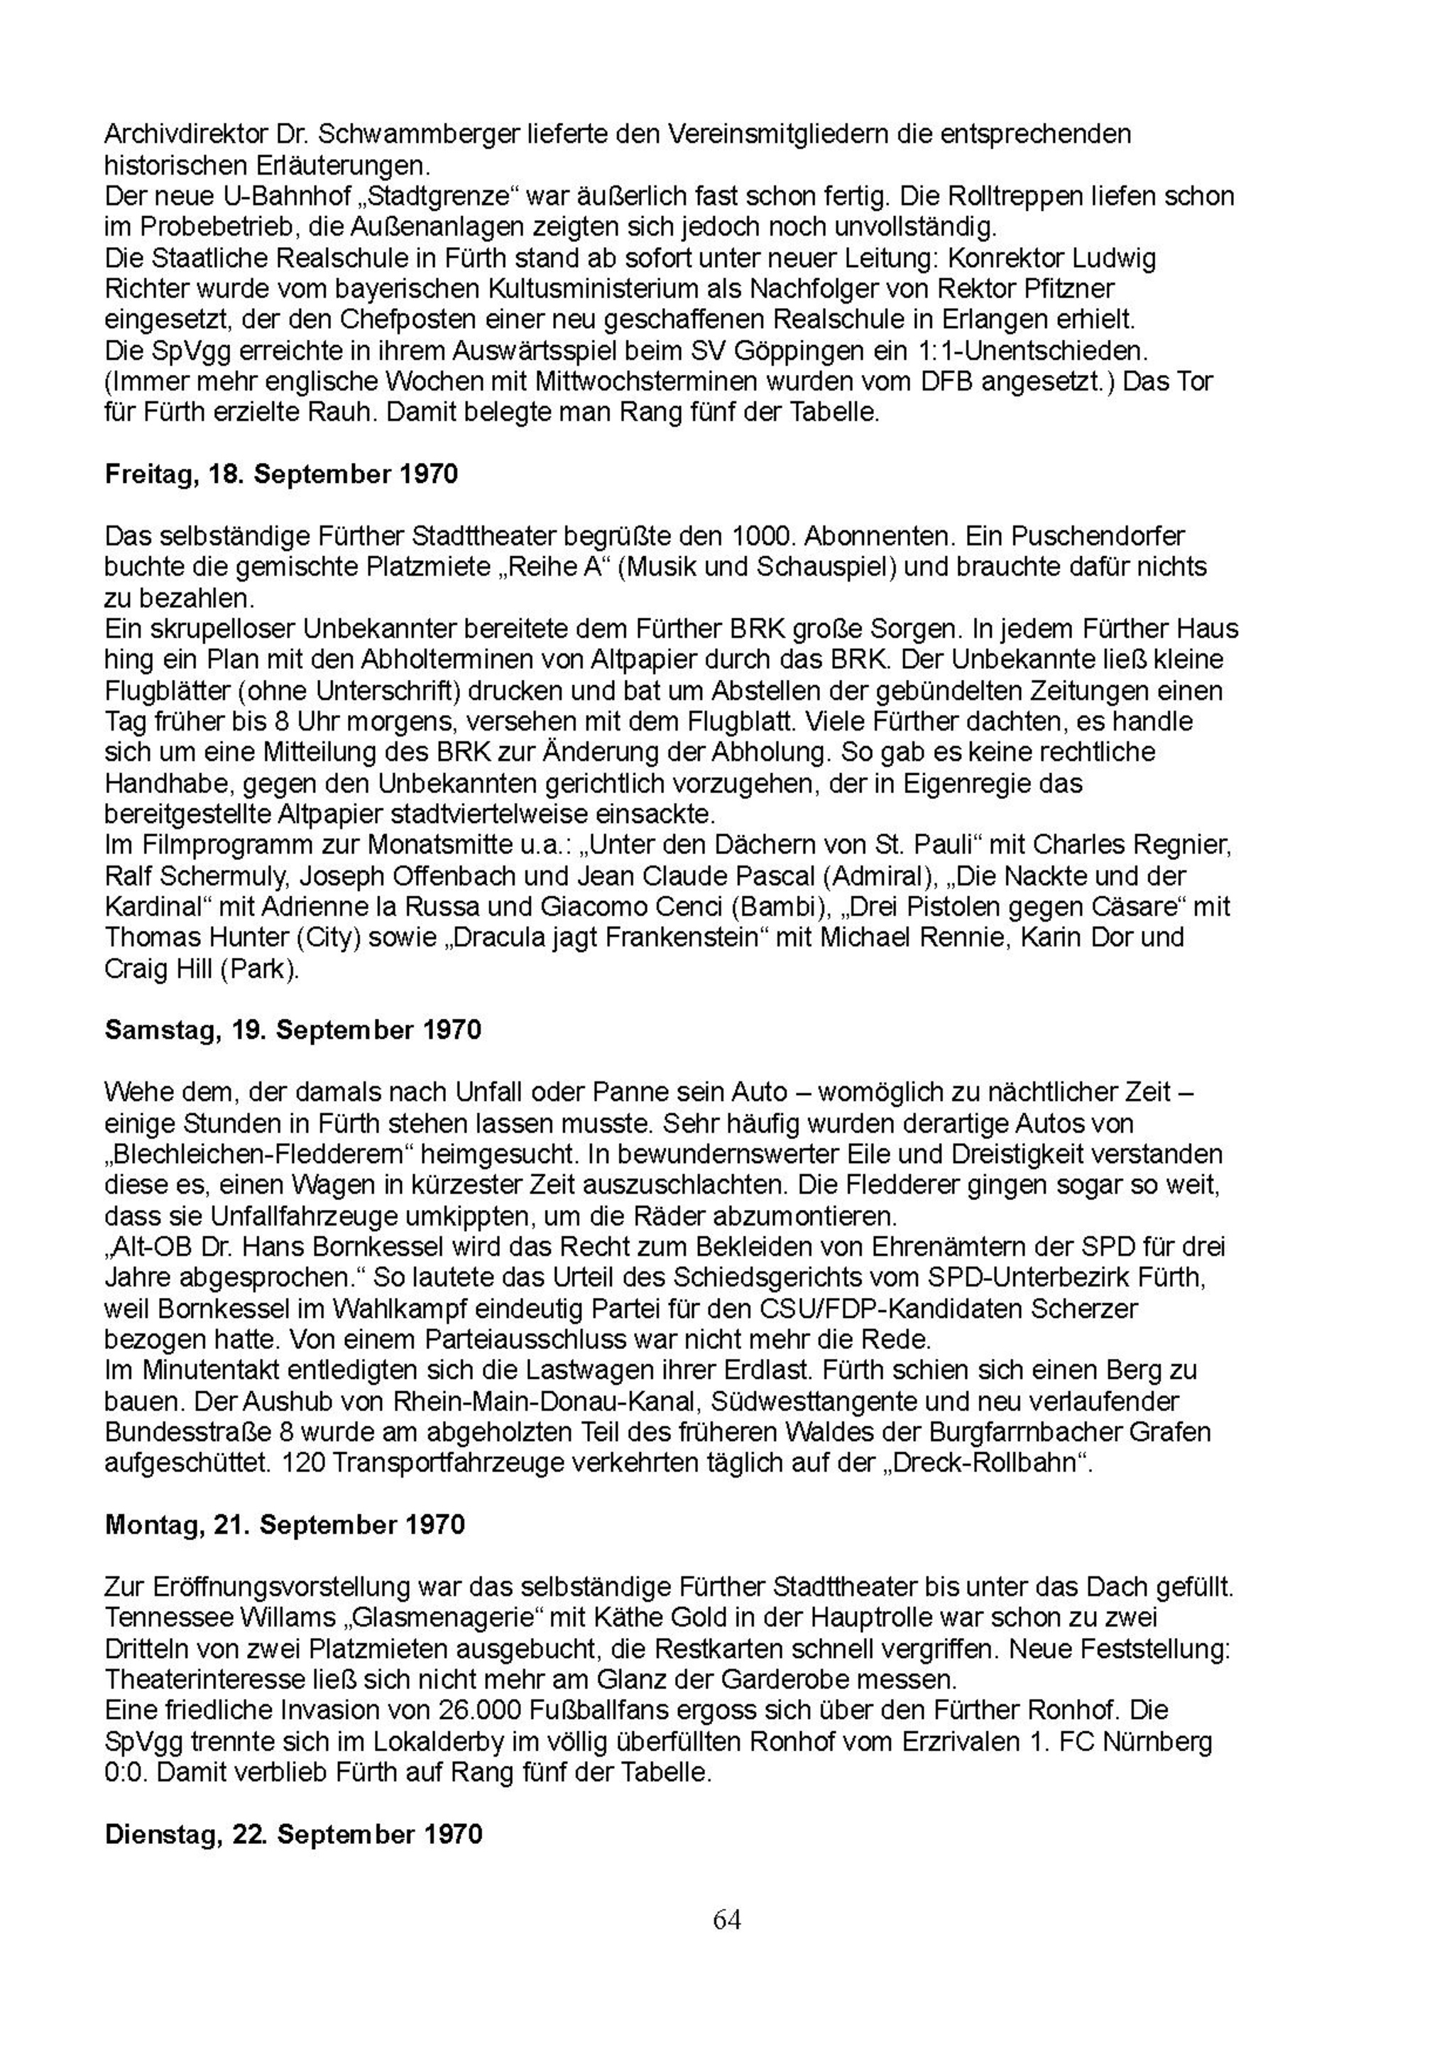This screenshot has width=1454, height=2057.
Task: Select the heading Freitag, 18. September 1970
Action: [x=281, y=474]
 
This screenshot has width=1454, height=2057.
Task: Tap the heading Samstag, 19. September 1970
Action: [x=293, y=1030]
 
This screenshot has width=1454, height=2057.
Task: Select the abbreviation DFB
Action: [x=944, y=382]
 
